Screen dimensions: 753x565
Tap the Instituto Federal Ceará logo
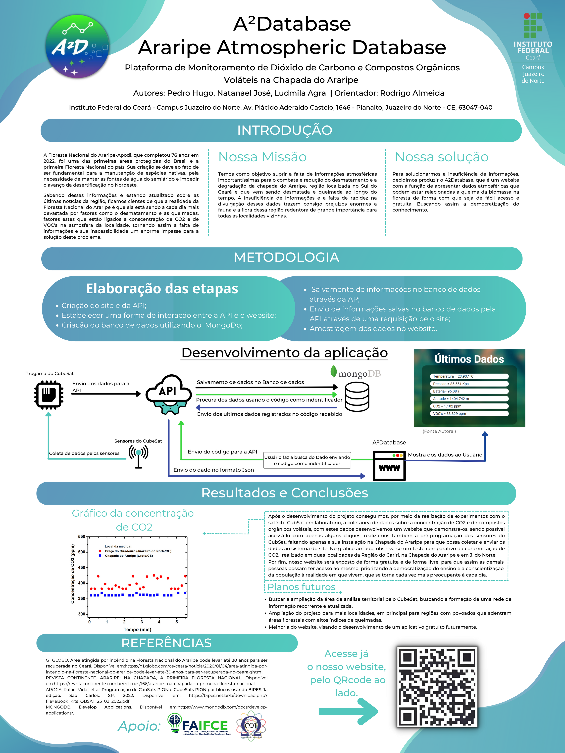point(533,48)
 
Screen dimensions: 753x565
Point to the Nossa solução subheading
point(441,157)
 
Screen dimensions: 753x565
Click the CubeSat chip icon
point(49,395)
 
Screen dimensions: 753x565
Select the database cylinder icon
point(357,397)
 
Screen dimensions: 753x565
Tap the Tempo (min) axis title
point(137,629)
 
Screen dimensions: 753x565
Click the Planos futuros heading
point(301,587)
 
